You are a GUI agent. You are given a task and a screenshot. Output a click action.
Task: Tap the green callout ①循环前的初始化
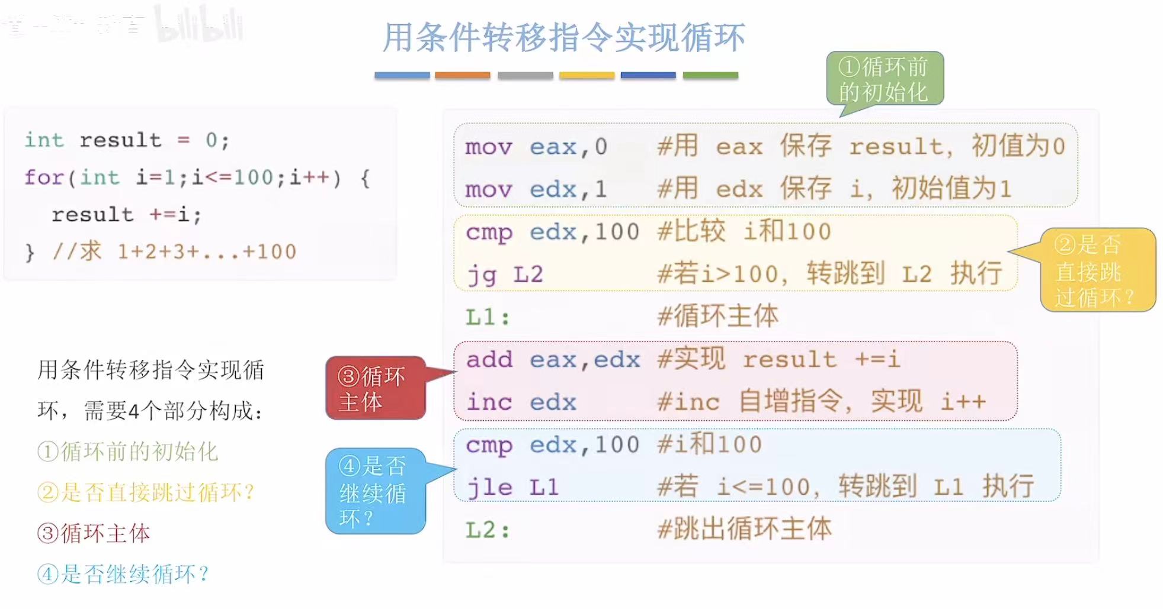click(x=884, y=79)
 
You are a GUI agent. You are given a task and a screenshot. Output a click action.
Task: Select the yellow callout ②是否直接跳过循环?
click(x=1096, y=270)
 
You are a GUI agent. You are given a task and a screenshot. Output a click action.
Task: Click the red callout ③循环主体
click(x=374, y=388)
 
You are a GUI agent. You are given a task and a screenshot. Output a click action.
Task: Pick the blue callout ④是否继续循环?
click(x=374, y=491)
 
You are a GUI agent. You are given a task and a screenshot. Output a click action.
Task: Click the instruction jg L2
click(x=504, y=275)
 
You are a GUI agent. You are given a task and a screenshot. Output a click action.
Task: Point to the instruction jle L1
click(x=512, y=487)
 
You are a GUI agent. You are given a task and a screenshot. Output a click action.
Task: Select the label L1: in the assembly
click(x=487, y=317)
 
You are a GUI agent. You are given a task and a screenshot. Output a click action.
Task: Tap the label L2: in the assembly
click(x=487, y=530)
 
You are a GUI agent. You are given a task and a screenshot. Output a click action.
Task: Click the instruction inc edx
click(x=521, y=402)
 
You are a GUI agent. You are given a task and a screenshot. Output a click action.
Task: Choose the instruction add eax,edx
click(x=553, y=359)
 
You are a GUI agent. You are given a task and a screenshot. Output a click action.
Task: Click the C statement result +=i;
click(x=126, y=214)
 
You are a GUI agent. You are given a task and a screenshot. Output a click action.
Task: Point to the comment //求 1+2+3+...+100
click(x=174, y=252)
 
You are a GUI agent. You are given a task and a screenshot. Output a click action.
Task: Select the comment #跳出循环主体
click(x=744, y=529)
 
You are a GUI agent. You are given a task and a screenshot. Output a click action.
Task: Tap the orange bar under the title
click(x=462, y=75)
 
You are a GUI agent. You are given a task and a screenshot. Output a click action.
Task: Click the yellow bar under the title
click(x=587, y=75)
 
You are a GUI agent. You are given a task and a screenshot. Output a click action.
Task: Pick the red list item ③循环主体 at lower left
click(x=94, y=533)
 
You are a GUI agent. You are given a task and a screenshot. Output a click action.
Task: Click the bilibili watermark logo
click(x=199, y=25)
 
